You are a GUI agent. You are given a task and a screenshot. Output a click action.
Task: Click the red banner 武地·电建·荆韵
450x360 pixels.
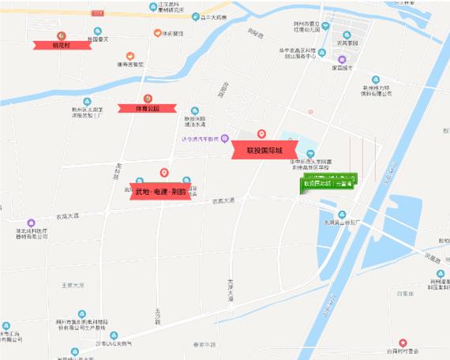[163, 192]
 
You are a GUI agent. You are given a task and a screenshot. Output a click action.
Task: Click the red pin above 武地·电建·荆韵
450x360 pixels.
[163, 173]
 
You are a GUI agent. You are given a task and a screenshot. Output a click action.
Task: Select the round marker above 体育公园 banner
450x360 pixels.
[147, 97]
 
